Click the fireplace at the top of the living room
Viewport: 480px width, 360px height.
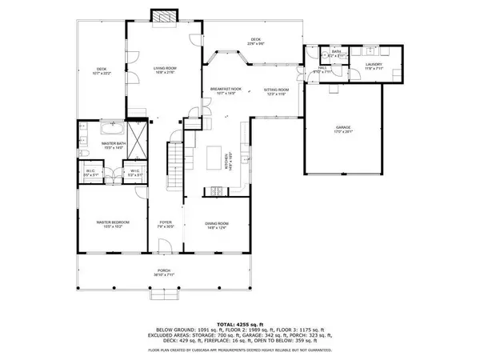tap(165, 15)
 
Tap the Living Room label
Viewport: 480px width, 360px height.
tap(165, 70)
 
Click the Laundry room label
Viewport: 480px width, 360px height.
tap(374, 65)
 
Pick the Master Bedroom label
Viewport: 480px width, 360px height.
tap(113, 222)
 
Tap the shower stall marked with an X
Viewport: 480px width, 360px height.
tap(138, 139)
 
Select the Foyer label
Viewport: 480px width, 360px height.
tap(166, 222)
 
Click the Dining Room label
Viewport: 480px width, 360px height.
tap(217, 222)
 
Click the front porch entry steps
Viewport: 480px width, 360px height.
tap(165, 297)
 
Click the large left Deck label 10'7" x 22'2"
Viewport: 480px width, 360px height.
tap(102, 70)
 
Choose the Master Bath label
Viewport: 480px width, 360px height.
tap(113, 145)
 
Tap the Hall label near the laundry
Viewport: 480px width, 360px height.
tap(323, 68)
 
